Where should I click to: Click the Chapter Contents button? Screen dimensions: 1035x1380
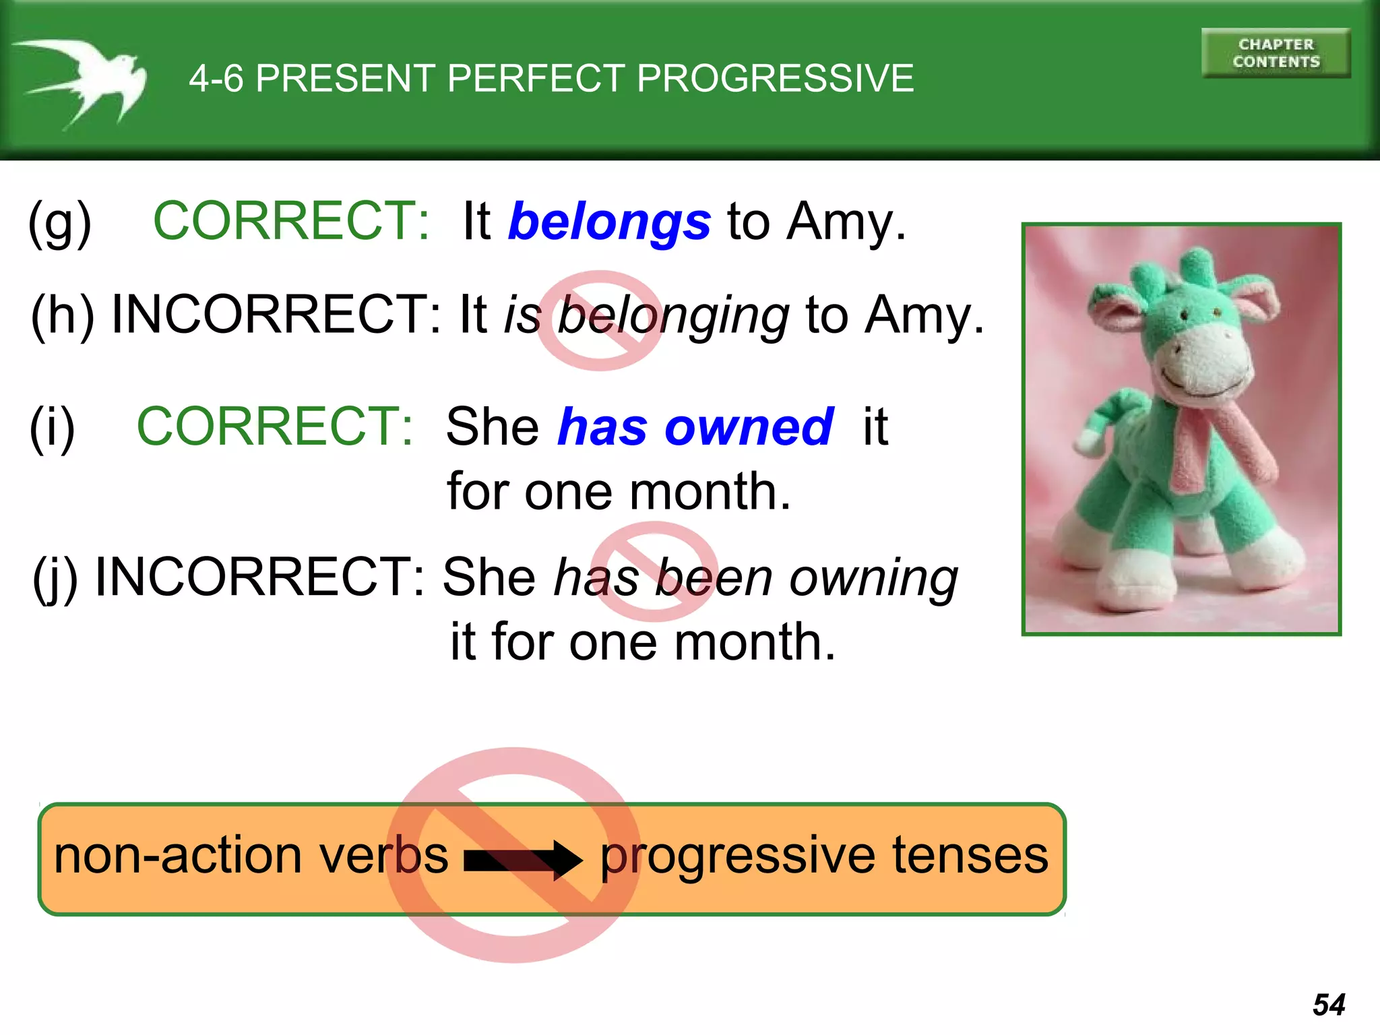click(x=1275, y=53)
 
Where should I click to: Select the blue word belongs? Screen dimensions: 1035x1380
click(x=609, y=222)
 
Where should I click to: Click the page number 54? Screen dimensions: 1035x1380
click(x=1329, y=1005)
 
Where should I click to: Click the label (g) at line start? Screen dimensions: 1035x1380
click(x=59, y=224)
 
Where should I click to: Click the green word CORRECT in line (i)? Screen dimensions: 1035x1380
click(x=275, y=427)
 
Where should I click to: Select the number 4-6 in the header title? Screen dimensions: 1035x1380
click(x=216, y=78)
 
